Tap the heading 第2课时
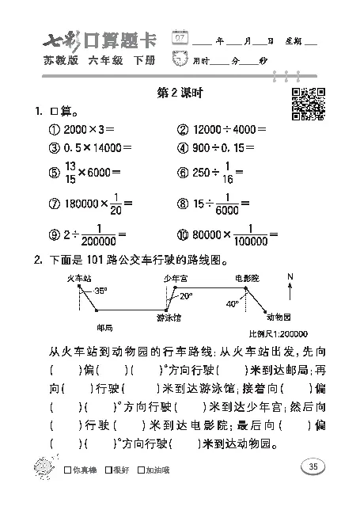tap(181, 93)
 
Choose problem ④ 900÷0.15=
tap(214, 147)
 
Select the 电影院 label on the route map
tap(246, 278)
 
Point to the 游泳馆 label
tap(168, 318)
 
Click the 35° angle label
tap(100, 291)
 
